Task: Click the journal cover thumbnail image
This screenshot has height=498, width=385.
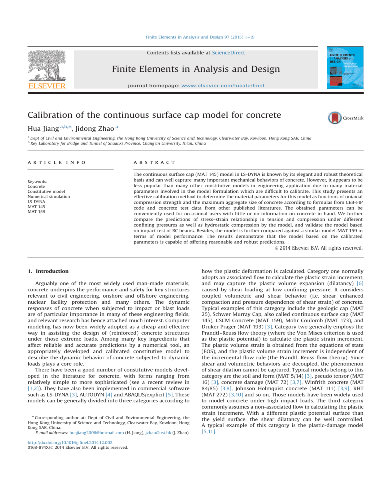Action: pos(345,68)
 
